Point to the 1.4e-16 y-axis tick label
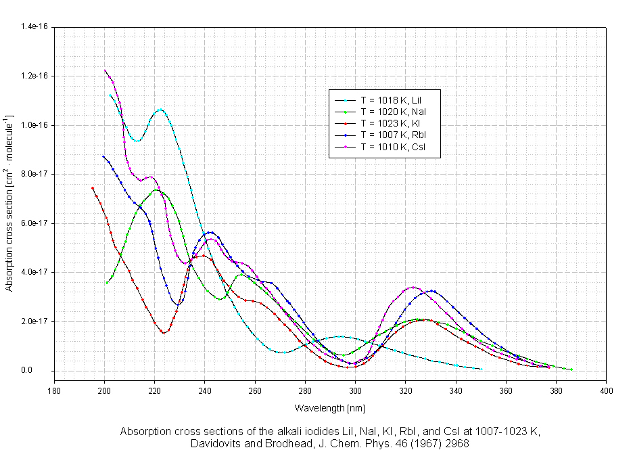point(34,26)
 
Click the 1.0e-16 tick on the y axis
point(34,125)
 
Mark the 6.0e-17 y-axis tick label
point(34,223)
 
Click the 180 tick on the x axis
point(54,391)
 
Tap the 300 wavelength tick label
point(356,391)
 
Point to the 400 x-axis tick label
point(607,391)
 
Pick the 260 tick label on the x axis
point(255,391)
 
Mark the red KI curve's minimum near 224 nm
point(164,333)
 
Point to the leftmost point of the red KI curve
point(93,188)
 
